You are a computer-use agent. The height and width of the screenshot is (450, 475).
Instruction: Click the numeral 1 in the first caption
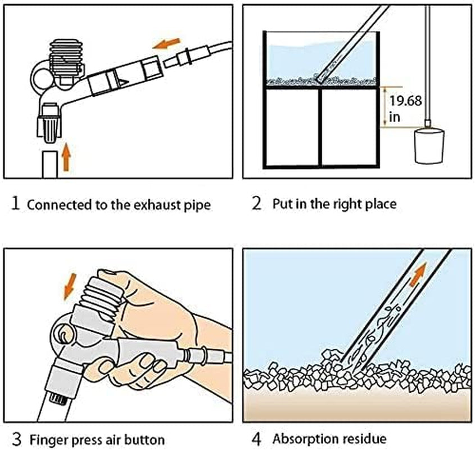click(16, 203)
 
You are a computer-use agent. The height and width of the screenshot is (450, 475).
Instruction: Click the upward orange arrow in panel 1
click(66, 156)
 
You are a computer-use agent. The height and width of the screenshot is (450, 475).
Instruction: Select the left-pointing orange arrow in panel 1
click(167, 43)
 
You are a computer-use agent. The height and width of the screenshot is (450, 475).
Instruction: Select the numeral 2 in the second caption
click(257, 203)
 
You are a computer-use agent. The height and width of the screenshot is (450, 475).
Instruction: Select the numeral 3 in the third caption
click(16, 438)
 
